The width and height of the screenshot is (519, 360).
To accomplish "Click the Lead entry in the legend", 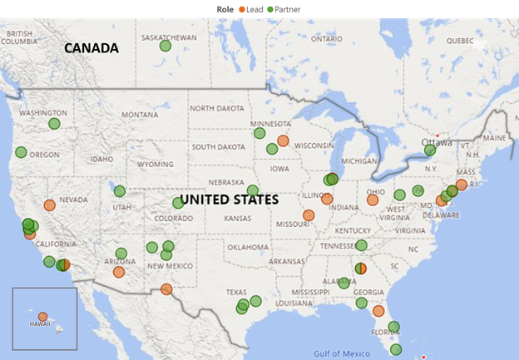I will (253, 9).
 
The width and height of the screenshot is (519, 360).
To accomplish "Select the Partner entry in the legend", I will (283, 9).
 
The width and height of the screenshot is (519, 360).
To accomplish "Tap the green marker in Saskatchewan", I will (165, 46).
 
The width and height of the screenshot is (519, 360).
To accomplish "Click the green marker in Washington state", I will (55, 124).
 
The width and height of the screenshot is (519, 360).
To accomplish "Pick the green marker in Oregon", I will (21, 152).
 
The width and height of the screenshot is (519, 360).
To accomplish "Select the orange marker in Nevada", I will (50, 205).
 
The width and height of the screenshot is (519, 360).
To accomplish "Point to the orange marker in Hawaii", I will (43, 316).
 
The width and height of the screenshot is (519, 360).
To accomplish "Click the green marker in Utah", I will (120, 191).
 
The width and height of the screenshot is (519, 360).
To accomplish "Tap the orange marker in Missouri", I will (309, 215).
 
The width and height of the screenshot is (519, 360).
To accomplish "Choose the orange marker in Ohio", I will (373, 200).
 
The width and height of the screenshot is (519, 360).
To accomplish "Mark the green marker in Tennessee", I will (361, 245).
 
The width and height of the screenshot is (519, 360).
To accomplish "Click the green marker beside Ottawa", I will (430, 150).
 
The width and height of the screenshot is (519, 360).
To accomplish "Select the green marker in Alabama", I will (344, 284).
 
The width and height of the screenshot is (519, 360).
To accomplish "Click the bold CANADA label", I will (91, 48).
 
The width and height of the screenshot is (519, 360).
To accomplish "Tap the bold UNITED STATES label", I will (229, 200).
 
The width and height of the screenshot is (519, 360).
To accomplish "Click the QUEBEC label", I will (459, 40).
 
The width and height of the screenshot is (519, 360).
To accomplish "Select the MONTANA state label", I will (139, 115).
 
